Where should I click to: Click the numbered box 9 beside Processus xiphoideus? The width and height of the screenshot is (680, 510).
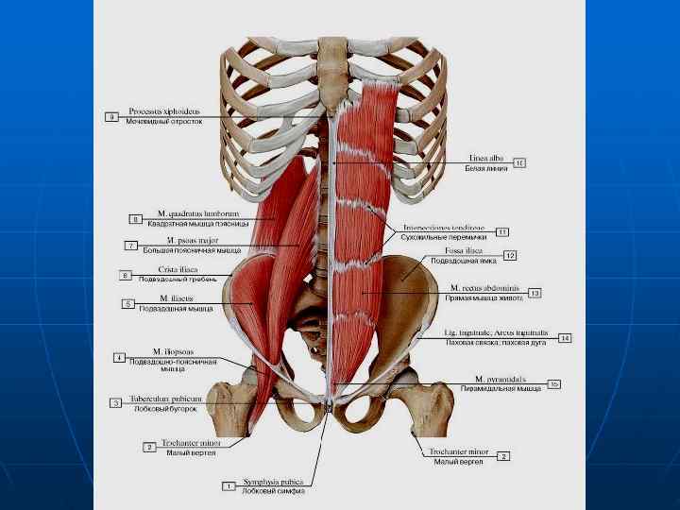pos(111,117)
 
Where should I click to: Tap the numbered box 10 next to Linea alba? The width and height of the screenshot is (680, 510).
pos(519,162)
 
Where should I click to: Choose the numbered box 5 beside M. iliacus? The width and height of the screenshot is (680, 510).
pos(128,304)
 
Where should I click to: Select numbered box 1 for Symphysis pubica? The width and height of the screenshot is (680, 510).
pos(229,485)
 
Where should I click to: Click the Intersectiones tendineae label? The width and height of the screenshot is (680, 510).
pos(443,228)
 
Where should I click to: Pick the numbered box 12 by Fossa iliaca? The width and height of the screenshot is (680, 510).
pos(509,255)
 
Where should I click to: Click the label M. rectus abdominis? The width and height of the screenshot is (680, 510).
pos(484,287)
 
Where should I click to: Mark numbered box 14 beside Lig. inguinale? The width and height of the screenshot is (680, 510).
pos(565,337)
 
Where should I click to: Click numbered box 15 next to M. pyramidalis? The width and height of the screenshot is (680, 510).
pos(554,383)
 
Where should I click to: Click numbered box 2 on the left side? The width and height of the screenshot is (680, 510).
pos(149,446)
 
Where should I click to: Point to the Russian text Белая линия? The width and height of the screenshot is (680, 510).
pos(486,168)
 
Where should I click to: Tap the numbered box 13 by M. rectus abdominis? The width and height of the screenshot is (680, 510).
pos(535,292)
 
